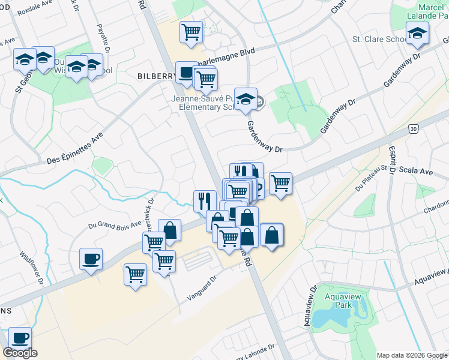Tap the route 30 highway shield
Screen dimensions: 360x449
point(413,128)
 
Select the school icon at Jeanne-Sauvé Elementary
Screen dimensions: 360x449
point(245,98)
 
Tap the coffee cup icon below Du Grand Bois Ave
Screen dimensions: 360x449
point(91,259)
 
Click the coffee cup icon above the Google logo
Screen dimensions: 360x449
point(20,337)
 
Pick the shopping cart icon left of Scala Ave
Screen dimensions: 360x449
point(280,183)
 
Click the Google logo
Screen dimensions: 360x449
point(20,353)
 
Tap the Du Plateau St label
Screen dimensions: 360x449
point(370,177)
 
